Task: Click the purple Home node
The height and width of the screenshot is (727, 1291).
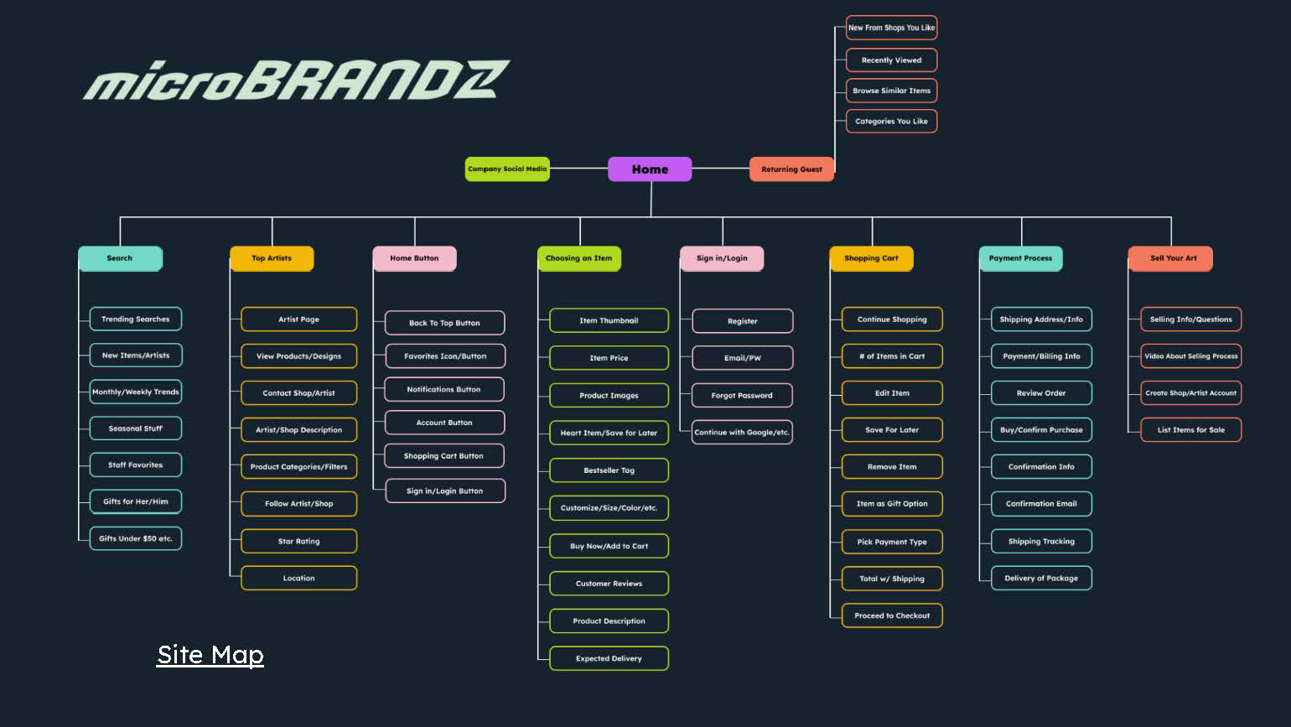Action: [650, 169]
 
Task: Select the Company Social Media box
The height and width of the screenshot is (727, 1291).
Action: [507, 169]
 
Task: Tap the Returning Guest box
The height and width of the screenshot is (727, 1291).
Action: [791, 169]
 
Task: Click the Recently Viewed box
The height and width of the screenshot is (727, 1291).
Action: [891, 60]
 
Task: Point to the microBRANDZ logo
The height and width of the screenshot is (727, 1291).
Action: [296, 80]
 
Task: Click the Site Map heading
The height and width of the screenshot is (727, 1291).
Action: [210, 655]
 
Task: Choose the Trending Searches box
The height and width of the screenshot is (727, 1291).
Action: [136, 319]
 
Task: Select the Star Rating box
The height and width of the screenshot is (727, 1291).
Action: [299, 542]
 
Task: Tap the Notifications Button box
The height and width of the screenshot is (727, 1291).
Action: [444, 390]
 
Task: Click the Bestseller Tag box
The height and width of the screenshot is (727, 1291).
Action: [609, 470]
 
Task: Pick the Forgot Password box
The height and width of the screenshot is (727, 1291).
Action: [742, 396]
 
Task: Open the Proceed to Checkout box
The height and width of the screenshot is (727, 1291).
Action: [892, 616]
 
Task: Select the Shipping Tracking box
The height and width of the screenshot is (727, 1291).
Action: [1041, 542]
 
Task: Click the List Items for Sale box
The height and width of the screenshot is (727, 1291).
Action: [1190, 430]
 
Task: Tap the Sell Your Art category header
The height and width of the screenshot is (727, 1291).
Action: [1170, 258]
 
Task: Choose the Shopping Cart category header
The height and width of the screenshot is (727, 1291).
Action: [871, 258]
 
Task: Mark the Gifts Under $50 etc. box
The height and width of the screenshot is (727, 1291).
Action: [136, 539]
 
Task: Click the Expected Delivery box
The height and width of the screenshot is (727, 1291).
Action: [609, 659]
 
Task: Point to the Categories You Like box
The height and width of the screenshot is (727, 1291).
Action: [891, 122]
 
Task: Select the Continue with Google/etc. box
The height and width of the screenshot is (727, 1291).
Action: [742, 433]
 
